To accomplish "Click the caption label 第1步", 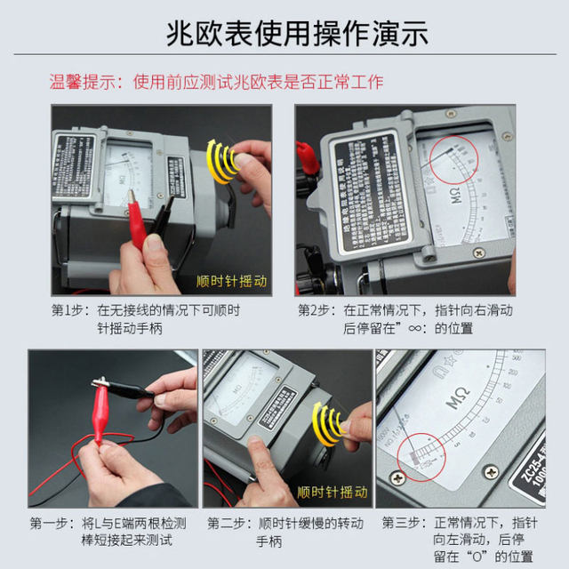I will (x=69, y=310).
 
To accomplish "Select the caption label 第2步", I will (x=316, y=310).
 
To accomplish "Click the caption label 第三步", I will (x=405, y=522).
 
